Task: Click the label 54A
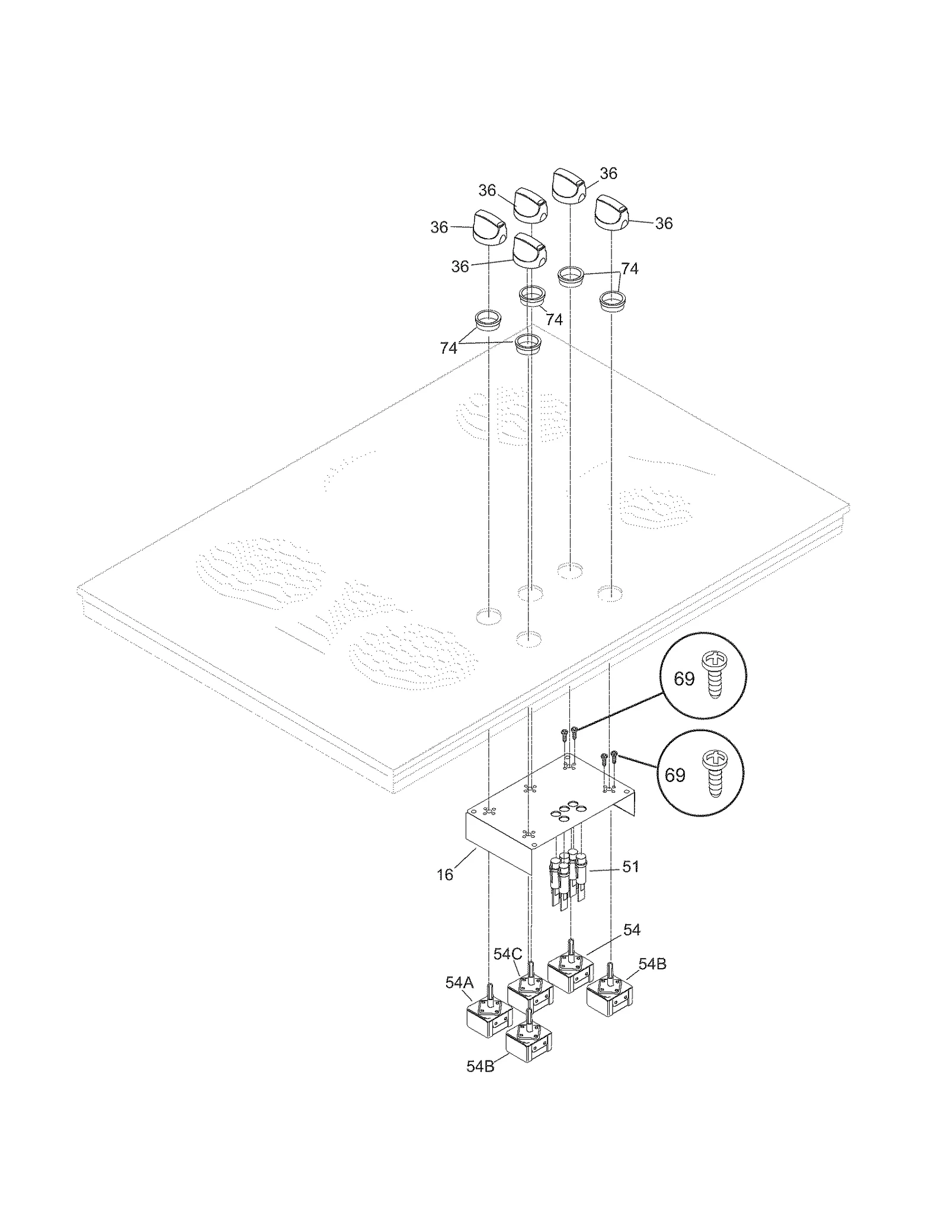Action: click(459, 983)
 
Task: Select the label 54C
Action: click(508, 954)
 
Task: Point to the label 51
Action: click(630, 866)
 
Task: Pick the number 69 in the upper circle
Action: click(684, 679)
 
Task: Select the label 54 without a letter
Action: click(632, 930)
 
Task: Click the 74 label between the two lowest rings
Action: click(449, 348)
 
